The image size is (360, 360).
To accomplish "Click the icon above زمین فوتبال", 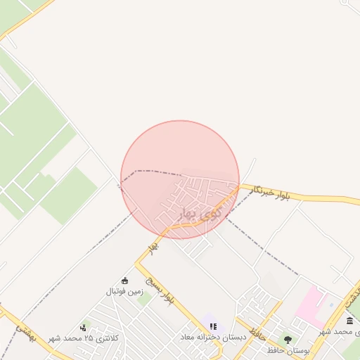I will coord(125,281).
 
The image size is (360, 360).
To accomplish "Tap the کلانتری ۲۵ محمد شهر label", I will coord(84,338).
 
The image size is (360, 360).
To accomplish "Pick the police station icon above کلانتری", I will coord(84,327).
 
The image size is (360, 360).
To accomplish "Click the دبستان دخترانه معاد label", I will coord(212,337).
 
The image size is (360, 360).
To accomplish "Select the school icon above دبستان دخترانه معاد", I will coord(213,326).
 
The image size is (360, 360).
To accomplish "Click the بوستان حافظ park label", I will coord(288,349).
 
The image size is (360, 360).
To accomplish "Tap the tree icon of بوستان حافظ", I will coord(288,340).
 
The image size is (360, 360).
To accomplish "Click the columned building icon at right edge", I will coord(350,321).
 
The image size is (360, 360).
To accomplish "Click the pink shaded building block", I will coord(310,306).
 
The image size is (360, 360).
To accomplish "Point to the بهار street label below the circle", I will coord(154,247).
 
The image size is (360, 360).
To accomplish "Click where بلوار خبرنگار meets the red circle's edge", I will coord(239,186).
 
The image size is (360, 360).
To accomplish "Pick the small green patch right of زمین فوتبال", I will coord(145,299).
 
